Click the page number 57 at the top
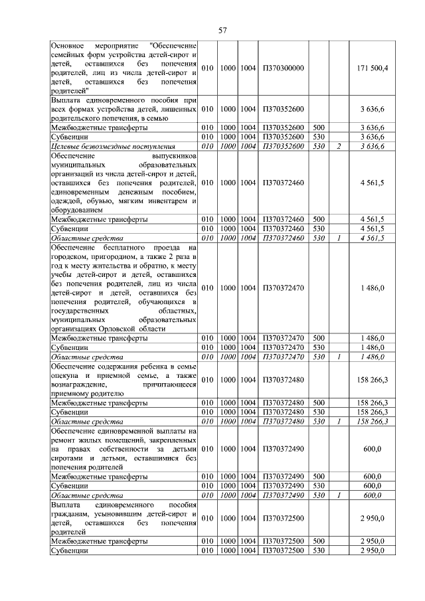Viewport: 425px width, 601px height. pyautogui.click(x=222, y=30)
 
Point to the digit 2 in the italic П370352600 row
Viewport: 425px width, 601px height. pyautogui.click(x=338, y=146)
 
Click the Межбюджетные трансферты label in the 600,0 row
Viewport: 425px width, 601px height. pyautogui.click(x=100, y=477)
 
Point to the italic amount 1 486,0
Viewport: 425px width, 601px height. pyautogui.click(x=373, y=357)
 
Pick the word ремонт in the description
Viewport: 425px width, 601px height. pyautogui.click(x=64, y=440)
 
